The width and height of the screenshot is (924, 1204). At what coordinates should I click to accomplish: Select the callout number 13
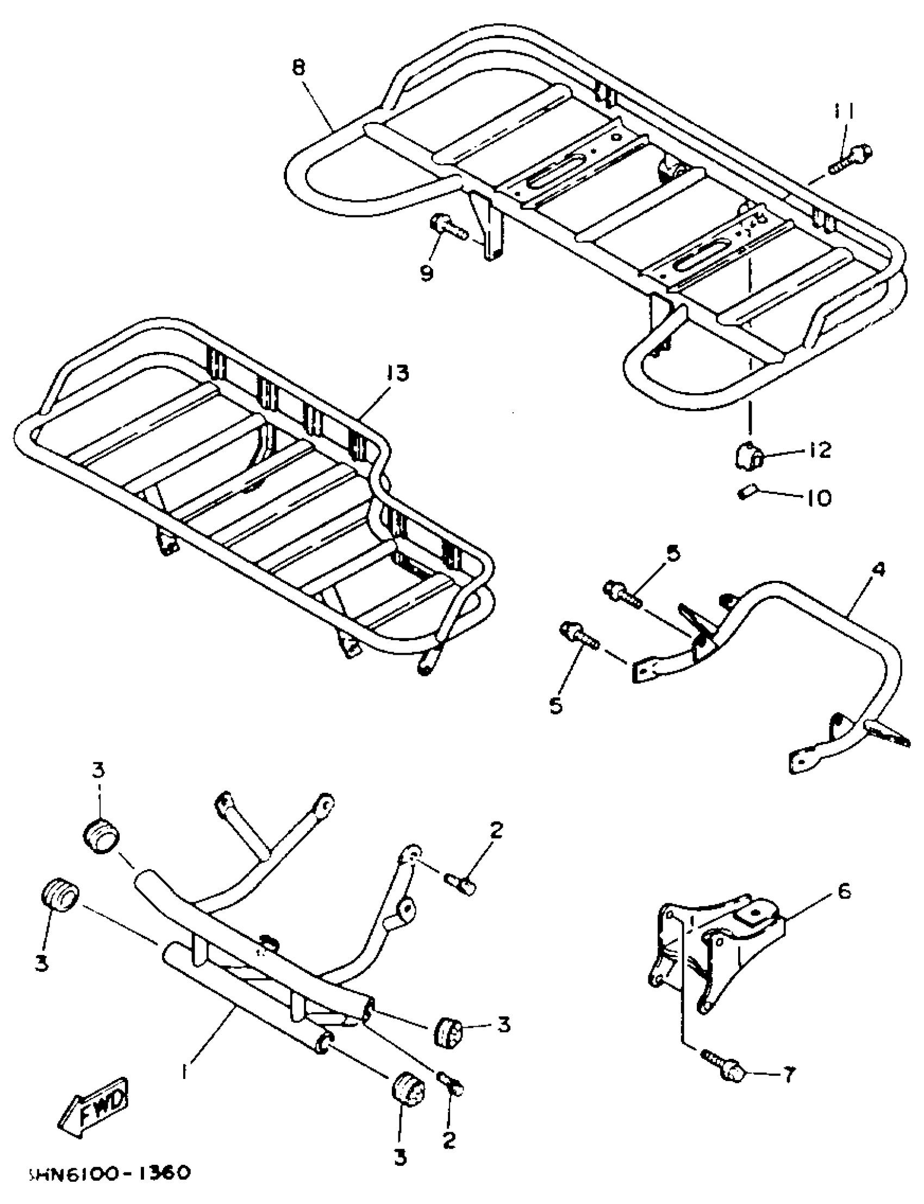tap(397, 374)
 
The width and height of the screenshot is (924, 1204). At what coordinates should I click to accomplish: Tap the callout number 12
tap(820, 451)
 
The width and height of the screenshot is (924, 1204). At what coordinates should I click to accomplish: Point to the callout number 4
tap(878, 570)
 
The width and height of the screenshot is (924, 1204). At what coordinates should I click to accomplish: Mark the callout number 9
tap(427, 273)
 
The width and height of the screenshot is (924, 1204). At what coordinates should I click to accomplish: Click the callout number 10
tap(819, 499)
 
